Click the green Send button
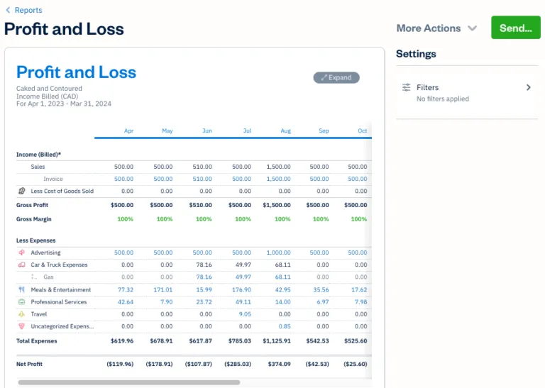click(515, 28)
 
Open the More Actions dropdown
click(437, 28)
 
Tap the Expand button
click(336, 77)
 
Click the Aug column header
click(285, 131)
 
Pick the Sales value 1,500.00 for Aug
click(278, 167)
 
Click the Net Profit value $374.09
click(277, 364)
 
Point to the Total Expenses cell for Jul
click(238, 340)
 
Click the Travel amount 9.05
click(244, 314)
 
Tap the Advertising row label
click(45, 253)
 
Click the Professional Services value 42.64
click(125, 302)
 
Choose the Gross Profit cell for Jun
click(199, 205)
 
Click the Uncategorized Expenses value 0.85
click(285, 326)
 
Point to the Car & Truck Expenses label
click(59, 265)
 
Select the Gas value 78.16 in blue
click(203, 277)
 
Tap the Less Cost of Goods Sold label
click(62, 191)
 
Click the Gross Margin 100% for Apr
click(125, 219)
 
